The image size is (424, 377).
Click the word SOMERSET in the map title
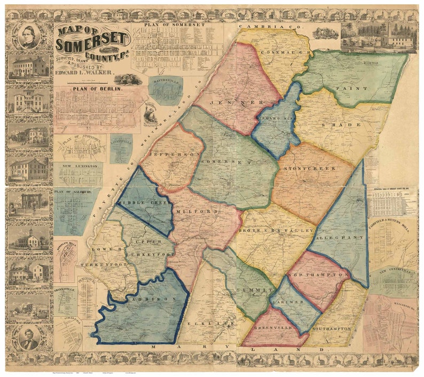pos(92,41)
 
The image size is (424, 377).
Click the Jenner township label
pos(230,101)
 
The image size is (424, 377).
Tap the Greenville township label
pos(272,328)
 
